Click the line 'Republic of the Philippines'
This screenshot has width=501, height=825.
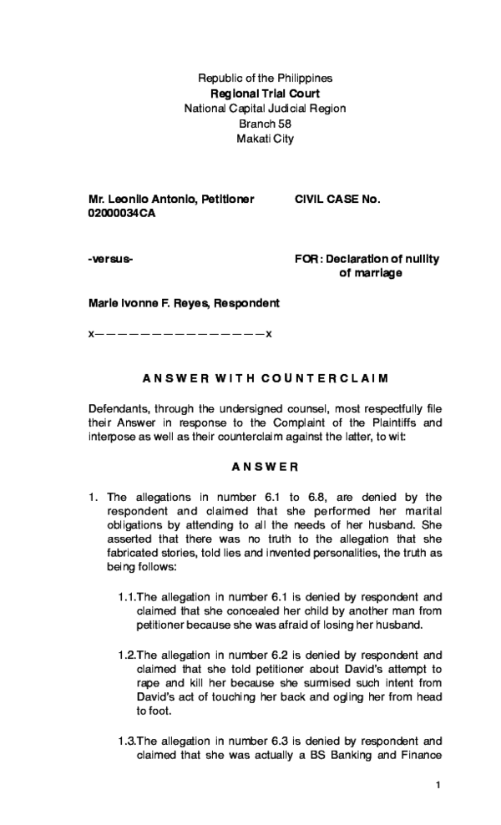tap(264, 78)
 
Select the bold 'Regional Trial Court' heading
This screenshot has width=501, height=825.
tap(264, 94)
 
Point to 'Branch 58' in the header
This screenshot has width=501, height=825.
tap(265, 124)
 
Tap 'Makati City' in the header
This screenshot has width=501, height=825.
tap(265, 139)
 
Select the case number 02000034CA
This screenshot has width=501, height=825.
tap(122, 214)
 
